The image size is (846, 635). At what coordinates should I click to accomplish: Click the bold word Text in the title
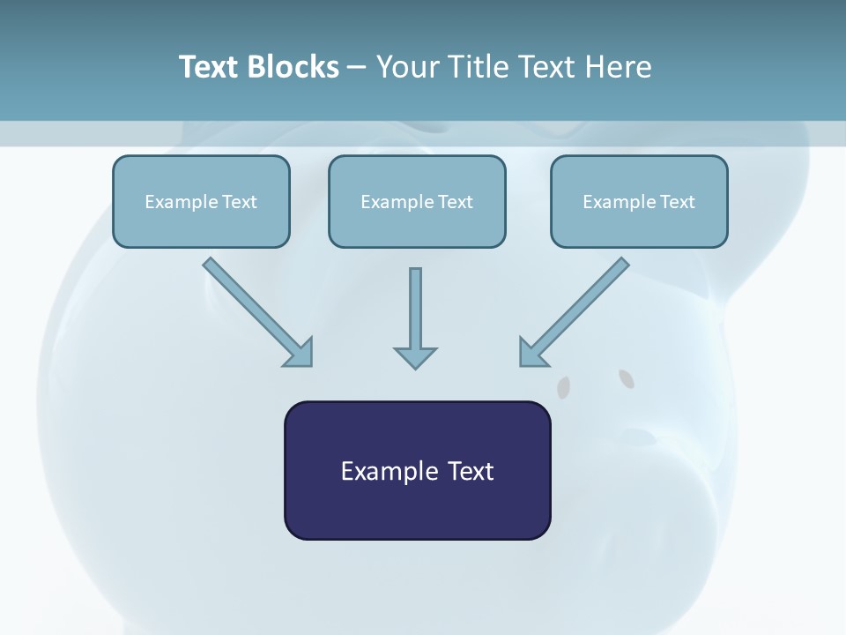[x=208, y=67]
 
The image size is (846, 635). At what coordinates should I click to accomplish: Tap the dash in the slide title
[x=357, y=68]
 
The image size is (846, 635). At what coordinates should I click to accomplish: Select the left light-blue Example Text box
[x=201, y=202]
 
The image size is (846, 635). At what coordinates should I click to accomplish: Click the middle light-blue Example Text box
[x=417, y=202]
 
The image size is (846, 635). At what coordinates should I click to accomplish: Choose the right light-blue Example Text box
[x=639, y=202]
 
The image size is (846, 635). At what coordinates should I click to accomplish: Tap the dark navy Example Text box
[x=417, y=471]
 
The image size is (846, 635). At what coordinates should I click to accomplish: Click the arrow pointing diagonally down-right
[x=258, y=312]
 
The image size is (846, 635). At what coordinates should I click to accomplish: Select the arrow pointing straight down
[x=415, y=317]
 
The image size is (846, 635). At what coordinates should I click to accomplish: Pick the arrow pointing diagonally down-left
[x=573, y=312]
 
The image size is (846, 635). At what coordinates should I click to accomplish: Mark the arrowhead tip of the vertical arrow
[x=415, y=366]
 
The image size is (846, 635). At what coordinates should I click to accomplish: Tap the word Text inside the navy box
[x=470, y=471]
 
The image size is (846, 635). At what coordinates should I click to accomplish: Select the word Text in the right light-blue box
[x=678, y=202]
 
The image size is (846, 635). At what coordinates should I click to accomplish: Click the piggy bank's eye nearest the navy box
[x=563, y=385]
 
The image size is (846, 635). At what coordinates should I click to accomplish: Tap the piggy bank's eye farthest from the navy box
[x=627, y=379]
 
